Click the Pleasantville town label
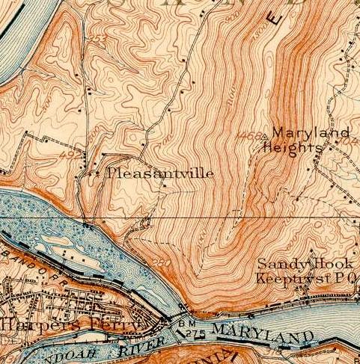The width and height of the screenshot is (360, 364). click(x=161, y=173)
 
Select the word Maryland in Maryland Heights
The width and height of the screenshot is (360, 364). click(x=310, y=134)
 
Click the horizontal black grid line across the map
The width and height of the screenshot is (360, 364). click(x=225, y=218)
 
